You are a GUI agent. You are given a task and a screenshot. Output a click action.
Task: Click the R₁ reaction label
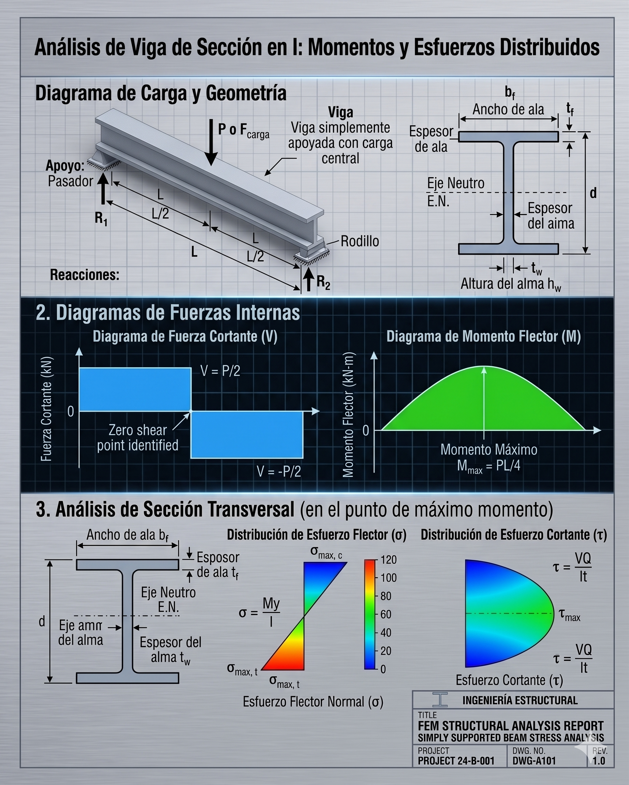coord(101,219)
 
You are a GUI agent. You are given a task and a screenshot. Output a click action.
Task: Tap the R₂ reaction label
coord(324,282)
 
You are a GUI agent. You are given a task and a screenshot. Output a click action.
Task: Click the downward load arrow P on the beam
coord(211,142)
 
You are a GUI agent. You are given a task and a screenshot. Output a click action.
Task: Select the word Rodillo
coord(360,241)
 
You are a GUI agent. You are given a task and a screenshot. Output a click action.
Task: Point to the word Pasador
coord(71,181)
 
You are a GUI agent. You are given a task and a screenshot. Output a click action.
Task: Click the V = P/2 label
coord(220,371)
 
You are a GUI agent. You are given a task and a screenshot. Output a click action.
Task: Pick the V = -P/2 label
coord(279,472)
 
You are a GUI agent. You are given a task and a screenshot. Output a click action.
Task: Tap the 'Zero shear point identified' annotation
coord(138,438)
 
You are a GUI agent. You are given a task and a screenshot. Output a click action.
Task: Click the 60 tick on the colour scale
coord(386,614)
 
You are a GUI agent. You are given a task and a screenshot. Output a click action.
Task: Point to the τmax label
coord(570,615)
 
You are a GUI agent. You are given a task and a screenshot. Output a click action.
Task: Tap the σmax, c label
coord(326,552)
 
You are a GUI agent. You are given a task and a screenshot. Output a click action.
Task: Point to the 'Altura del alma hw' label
coord(511,284)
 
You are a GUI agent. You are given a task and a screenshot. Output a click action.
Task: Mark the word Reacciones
coord(85,275)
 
